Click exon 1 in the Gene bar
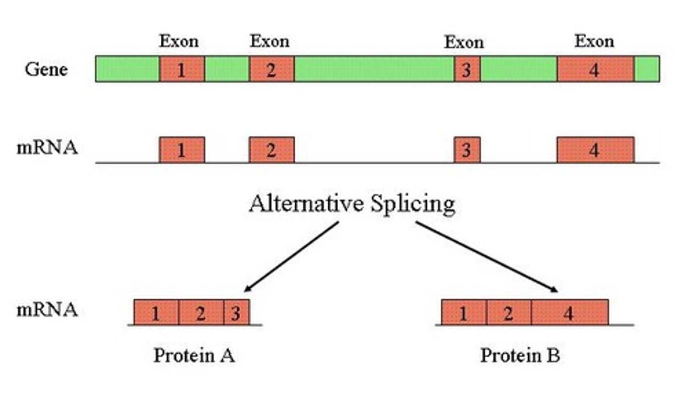[182, 69]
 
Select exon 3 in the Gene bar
[467, 69]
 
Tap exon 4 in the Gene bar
[595, 69]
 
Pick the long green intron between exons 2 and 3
[374, 69]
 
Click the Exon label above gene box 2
[269, 42]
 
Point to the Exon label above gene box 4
[594, 42]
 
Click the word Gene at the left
[46, 70]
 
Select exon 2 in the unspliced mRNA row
[271, 150]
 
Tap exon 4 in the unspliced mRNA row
[595, 150]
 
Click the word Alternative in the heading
[306, 204]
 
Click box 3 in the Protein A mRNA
[236, 313]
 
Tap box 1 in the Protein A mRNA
[156, 313]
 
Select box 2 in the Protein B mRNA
[509, 313]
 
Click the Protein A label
[194, 356]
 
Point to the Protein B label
[520, 356]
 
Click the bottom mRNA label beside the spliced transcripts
[47, 310]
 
